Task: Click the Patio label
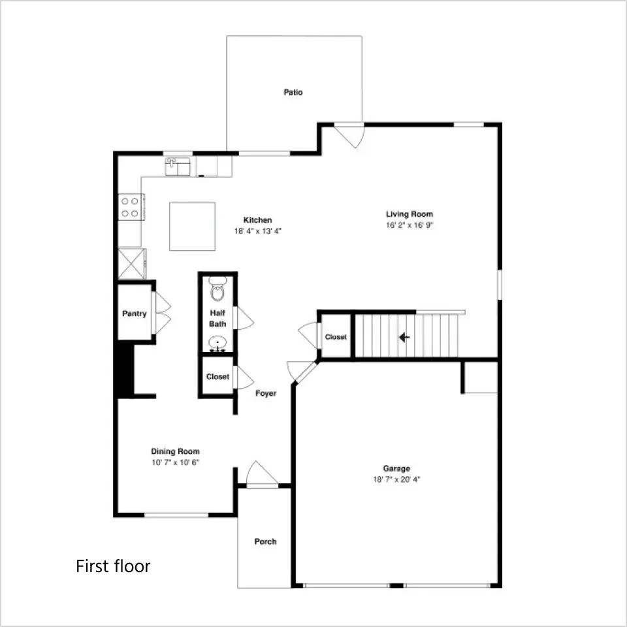coord(293,92)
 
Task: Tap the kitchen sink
coord(178,167)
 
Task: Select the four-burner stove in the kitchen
coord(131,207)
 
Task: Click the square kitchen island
coord(192,227)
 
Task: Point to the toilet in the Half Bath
coord(217,288)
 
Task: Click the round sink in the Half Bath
coord(217,344)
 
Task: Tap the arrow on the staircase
coord(404,338)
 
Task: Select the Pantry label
coord(135,313)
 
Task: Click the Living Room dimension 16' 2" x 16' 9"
coord(410,225)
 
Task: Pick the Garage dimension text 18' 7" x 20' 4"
coord(396,479)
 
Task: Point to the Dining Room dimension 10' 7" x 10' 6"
coord(175,462)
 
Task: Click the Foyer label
coord(266,393)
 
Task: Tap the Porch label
coord(266,541)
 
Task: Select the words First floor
coord(113,566)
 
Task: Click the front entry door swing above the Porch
coord(263,474)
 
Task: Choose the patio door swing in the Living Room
coord(349,136)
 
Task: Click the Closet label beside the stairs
coord(336,337)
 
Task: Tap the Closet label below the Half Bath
coord(217,377)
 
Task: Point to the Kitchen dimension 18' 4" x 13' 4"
coord(258,231)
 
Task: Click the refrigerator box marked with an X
coord(131,264)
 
